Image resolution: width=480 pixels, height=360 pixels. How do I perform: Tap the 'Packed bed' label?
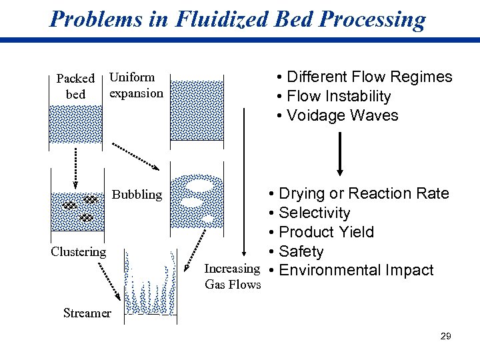point(75,86)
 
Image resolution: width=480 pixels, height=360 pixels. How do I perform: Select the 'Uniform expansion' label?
point(136,85)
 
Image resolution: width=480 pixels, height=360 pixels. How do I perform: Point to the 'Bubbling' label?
point(137,195)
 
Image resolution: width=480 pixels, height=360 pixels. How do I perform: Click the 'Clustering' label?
point(79,251)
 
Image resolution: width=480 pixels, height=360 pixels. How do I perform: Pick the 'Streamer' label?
point(87,312)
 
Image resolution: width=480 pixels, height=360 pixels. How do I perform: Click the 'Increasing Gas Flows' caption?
point(233,277)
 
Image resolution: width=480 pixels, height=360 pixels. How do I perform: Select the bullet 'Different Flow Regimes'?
point(365,77)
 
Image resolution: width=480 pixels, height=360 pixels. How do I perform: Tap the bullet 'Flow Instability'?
point(333,96)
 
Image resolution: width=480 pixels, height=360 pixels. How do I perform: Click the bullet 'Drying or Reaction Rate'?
point(359,193)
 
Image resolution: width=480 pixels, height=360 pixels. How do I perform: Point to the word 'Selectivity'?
point(314,213)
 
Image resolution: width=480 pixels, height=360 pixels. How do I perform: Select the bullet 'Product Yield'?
point(326,232)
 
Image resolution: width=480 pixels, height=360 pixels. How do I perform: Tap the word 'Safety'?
point(301,251)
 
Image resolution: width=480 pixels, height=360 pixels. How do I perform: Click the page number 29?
point(446,336)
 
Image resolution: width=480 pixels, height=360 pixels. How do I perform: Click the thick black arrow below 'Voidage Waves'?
point(341,153)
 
